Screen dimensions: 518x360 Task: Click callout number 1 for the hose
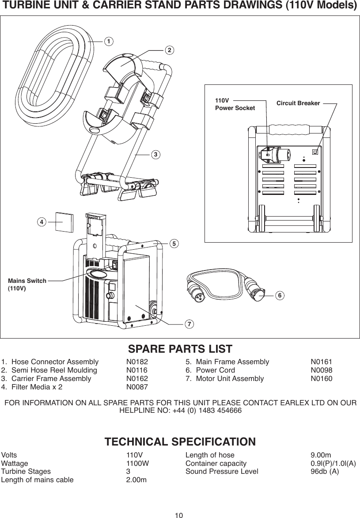tap(107, 41)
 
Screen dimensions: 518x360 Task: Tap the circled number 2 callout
tap(168, 50)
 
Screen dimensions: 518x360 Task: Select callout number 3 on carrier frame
tap(155, 155)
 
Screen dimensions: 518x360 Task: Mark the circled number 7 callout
tap(189, 324)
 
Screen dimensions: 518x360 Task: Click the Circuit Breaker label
tap(298, 103)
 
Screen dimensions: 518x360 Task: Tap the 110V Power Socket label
tap(235, 104)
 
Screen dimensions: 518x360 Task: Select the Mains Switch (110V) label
tap(27, 284)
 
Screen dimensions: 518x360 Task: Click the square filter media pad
tap(64, 222)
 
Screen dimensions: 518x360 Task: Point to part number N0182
tap(137, 362)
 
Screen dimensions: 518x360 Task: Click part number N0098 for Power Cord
tap(322, 370)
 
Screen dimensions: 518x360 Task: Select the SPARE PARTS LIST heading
tap(180, 349)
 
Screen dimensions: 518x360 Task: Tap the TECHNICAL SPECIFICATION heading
tap(180, 442)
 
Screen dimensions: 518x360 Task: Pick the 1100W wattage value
tap(137, 463)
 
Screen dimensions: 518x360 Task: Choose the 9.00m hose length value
tap(321, 455)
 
